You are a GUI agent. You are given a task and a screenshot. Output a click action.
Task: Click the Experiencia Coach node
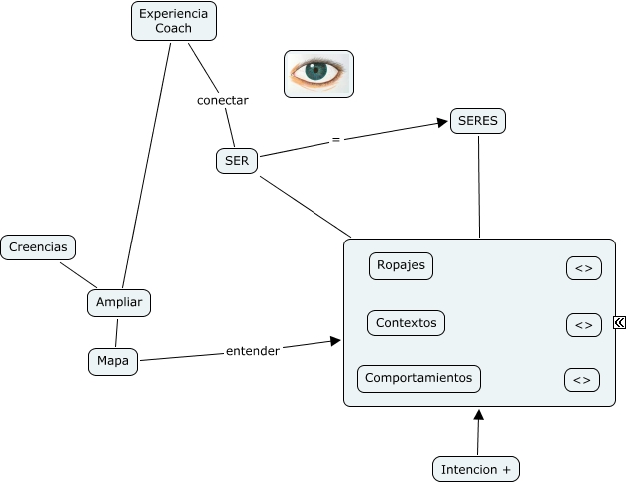174,21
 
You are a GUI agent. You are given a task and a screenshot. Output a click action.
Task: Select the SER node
237,161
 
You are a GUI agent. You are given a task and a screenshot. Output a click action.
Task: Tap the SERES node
478,121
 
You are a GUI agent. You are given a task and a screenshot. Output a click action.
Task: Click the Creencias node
38,247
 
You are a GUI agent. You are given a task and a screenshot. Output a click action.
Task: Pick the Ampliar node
118,302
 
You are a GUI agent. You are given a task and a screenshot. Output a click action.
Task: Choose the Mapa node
112,361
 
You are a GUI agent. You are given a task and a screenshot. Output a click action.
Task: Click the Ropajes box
401,266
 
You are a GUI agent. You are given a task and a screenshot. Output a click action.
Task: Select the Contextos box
406,323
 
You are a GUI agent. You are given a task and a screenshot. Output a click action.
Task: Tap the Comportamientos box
419,379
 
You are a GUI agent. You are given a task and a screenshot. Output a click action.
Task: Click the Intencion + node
476,468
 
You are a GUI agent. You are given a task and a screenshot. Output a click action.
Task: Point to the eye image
318,73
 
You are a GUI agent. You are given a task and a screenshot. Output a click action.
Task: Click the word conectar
222,100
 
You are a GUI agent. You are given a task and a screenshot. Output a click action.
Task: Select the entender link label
253,351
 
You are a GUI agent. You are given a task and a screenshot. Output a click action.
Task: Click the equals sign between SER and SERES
336,140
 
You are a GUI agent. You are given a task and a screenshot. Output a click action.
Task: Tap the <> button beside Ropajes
584,268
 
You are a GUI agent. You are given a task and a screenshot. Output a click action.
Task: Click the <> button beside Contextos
584,325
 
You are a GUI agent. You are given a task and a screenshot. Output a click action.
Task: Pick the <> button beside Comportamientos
582,380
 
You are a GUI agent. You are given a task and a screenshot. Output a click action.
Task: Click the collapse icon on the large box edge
620,322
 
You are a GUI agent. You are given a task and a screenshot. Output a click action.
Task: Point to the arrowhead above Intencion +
478,415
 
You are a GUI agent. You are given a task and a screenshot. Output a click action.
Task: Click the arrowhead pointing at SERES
442,124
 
